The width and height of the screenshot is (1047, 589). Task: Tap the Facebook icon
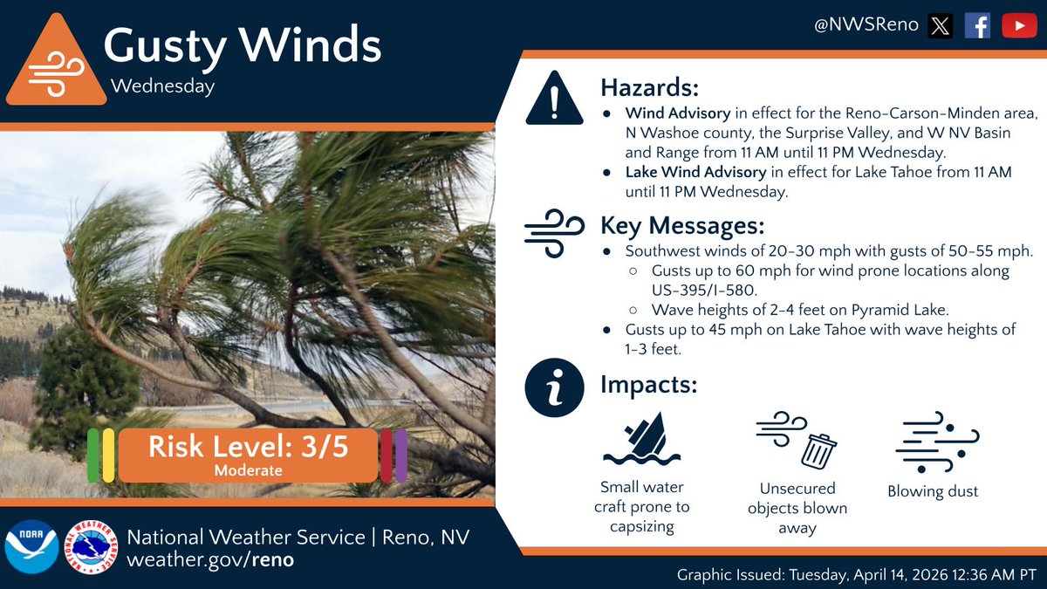click(977, 26)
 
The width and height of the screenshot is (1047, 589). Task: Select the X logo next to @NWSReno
click(939, 26)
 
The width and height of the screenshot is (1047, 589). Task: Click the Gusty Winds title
click(243, 45)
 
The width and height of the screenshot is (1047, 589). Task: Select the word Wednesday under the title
click(162, 86)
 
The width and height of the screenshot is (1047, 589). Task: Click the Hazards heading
click(650, 87)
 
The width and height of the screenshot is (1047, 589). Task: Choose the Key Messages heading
click(682, 225)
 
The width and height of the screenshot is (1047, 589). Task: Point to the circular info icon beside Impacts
click(553, 388)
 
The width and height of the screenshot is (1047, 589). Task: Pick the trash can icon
click(818, 451)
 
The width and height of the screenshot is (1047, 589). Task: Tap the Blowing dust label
click(933, 491)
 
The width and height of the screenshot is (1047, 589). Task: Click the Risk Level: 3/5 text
click(249, 447)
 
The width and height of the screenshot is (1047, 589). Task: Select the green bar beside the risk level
click(93, 455)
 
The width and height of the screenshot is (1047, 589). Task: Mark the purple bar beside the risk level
click(400, 455)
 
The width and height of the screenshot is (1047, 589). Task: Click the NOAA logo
click(31, 548)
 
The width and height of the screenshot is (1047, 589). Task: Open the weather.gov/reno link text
click(210, 559)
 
